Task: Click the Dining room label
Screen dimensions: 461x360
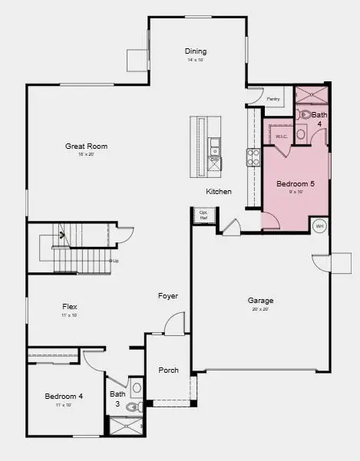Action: [x=196, y=51]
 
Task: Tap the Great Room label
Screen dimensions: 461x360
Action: [x=86, y=146]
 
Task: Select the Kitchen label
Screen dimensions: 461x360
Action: [x=219, y=191]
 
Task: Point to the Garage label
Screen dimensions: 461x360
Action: [x=260, y=301]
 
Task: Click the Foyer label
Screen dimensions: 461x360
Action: [x=168, y=296]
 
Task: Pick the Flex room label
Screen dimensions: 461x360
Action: [x=70, y=307]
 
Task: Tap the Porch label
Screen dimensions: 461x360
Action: [x=168, y=370]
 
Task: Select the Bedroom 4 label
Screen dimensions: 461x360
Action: [x=64, y=396]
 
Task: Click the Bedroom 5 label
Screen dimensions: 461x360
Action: [x=296, y=184]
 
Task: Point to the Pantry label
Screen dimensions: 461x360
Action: [x=272, y=99]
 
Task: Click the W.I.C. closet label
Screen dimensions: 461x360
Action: [x=281, y=136]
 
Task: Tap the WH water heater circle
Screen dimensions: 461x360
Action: [x=319, y=226]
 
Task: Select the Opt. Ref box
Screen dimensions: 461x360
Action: [x=203, y=216]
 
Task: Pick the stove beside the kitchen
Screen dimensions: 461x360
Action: [x=253, y=157]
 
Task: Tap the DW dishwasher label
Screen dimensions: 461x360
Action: [x=215, y=160]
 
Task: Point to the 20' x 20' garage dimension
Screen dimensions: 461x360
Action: [x=260, y=310]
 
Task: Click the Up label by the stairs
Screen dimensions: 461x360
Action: [x=115, y=261]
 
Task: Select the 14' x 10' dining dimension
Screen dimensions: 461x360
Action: [x=196, y=60]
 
